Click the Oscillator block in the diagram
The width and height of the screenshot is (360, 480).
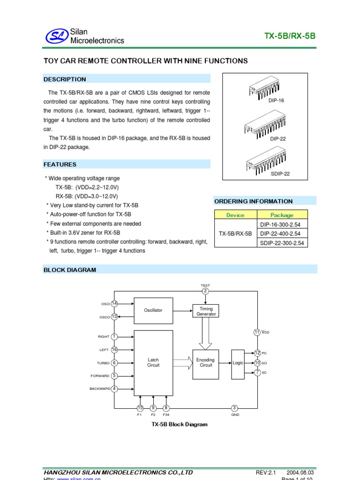click(x=153, y=310)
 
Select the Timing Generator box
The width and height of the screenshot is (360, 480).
click(x=206, y=311)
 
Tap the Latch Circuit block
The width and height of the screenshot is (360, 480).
click(x=153, y=362)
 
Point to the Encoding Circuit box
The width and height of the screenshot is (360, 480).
click(x=205, y=363)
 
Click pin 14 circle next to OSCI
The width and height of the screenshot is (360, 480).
click(x=114, y=304)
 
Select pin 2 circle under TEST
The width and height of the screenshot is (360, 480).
click(x=205, y=292)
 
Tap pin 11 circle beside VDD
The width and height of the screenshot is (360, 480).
click(x=257, y=332)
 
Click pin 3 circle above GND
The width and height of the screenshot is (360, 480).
click(x=235, y=408)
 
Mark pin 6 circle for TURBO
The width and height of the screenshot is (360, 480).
click(x=114, y=363)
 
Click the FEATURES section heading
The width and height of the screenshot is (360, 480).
click(x=60, y=165)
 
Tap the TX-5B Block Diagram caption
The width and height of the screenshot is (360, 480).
click(x=179, y=424)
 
